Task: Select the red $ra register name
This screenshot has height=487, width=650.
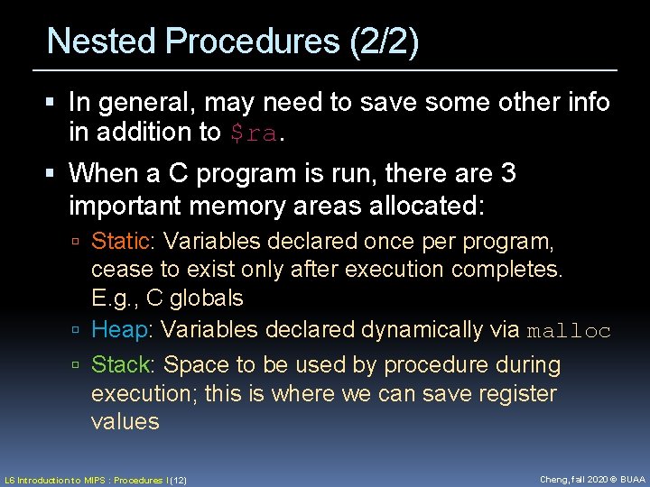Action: (x=253, y=133)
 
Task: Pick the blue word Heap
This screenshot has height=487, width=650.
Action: (x=120, y=330)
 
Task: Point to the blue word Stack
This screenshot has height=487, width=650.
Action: (x=122, y=365)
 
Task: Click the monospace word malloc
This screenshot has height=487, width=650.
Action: (x=569, y=331)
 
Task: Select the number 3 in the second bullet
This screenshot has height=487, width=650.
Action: (x=507, y=172)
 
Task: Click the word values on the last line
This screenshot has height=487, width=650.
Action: (x=125, y=421)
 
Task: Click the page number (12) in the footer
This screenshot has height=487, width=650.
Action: (x=178, y=481)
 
